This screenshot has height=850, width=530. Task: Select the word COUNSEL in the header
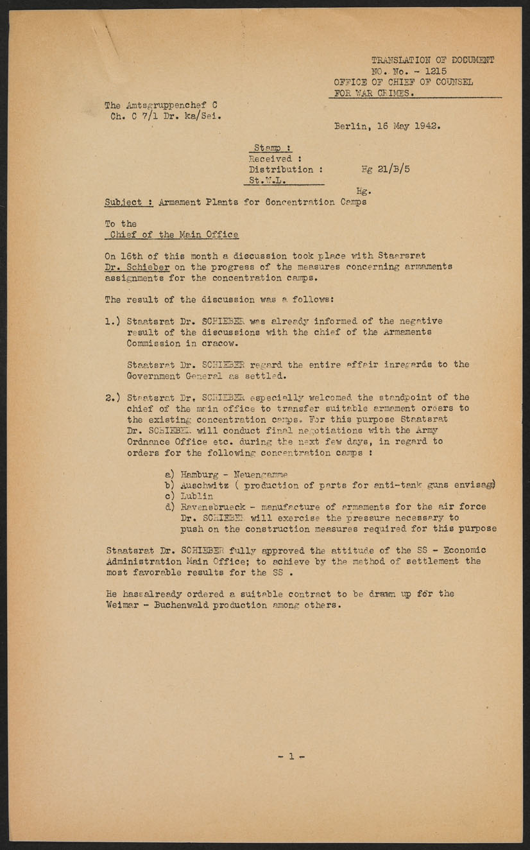[451, 82]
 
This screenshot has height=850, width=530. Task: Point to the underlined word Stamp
[268, 148]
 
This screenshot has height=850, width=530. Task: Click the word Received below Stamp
[271, 159]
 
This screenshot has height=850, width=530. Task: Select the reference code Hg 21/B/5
[384, 169]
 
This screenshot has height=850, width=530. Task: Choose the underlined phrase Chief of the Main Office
[175, 234]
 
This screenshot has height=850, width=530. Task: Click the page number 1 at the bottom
[291, 756]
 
